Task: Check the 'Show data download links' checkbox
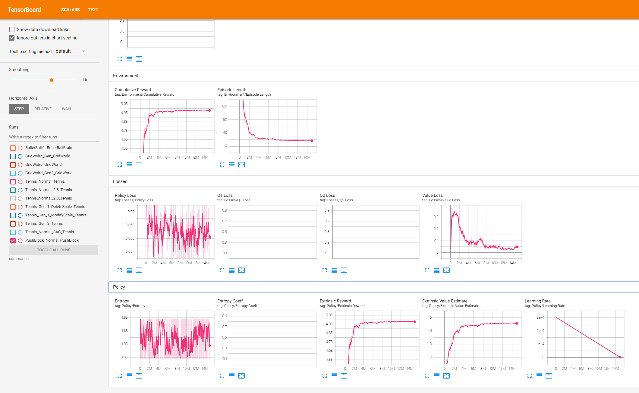tap(12, 29)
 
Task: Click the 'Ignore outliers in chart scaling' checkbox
tap(12, 38)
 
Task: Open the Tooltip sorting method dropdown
tap(71, 51)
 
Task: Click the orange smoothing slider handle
tap(52, 80)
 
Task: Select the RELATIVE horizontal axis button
tap(43, 109)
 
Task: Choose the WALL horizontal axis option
tap(67, 109)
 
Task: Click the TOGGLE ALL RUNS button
tap(54, 250)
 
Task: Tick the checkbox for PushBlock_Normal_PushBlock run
tap(13, 241)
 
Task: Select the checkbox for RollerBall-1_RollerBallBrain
tap(13, 148)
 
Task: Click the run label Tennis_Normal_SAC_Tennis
tap(49, 232)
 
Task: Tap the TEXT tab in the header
tap(93, 10)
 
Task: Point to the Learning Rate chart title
tap(538, 301)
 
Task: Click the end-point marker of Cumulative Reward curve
tap(210, 110)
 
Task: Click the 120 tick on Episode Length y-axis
tap(225, 106)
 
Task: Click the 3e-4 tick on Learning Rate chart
tap(540, 317)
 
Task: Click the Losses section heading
tap(120, 181)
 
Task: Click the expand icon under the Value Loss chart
tap(427, 270)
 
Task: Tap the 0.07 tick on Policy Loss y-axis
tap(131, 212)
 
